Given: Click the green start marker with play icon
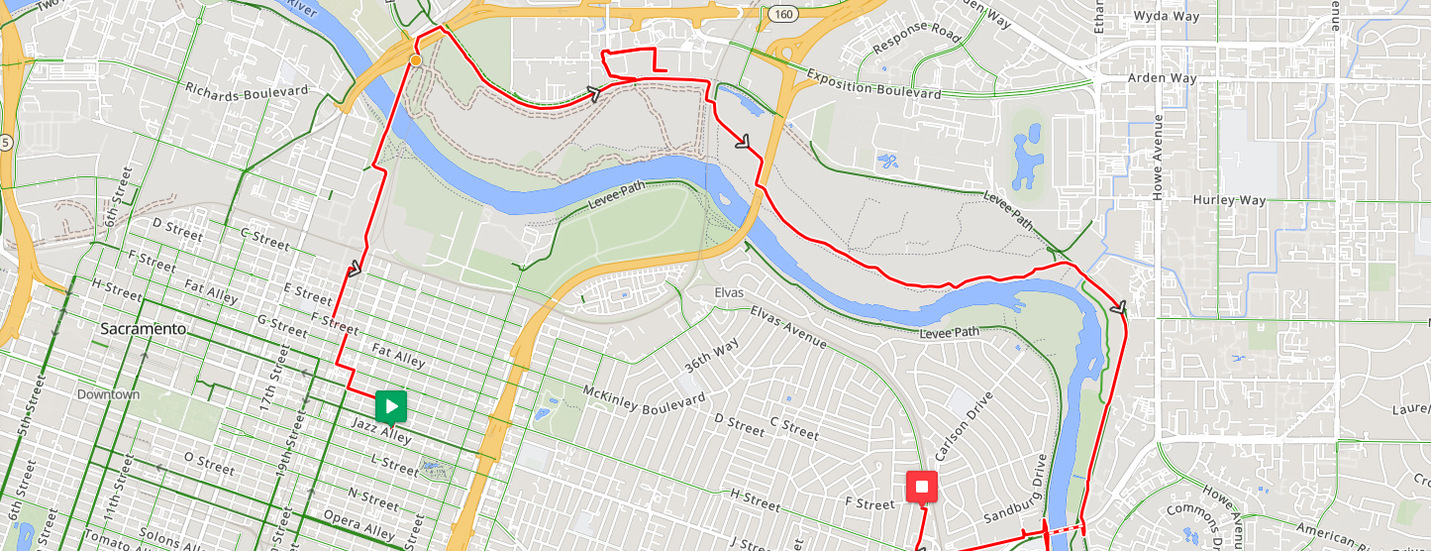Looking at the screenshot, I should pyautogui.click(x=391, y=405).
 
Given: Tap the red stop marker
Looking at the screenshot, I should pyautogui.click(x=921, y=487).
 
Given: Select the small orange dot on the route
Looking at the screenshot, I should pyautogui.click(x=416, y=60).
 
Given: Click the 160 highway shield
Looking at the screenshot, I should pyautogui.click(x=782, y=15).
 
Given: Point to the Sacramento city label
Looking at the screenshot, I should pyautogui.click(x=144, y=328).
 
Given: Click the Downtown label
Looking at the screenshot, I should pyautogui.click(x=109, y=394).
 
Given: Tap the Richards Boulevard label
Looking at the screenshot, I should pyautogui.click(x=247, y=89).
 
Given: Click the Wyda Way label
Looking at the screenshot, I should pyautogui.click(x=1166, y=17).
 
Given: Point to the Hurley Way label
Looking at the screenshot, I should pyautogui.click(x=1229, y=200).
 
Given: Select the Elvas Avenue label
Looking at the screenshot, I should pyautogui.click(x=787, y=326).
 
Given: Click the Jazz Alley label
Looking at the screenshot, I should pyautogui.click(x=381, y=431).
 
